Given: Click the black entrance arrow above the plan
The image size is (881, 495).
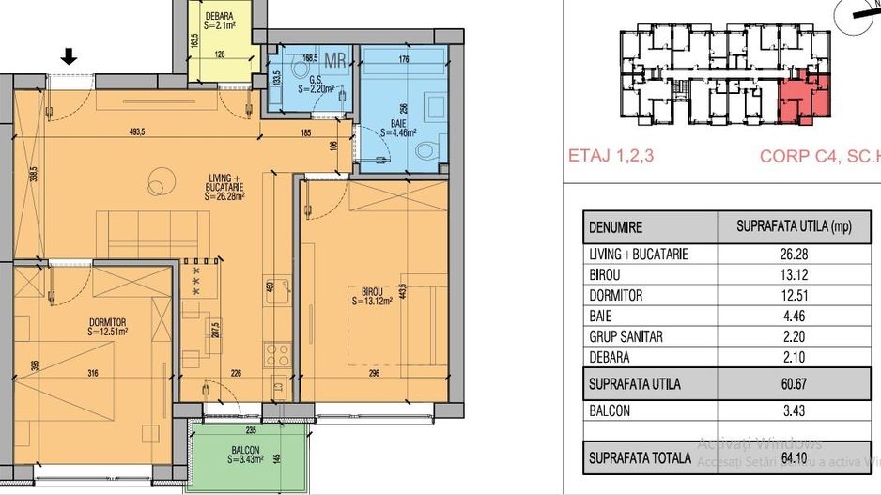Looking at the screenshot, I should click(69, 58).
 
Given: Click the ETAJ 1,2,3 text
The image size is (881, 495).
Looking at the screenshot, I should click(612, 157).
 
